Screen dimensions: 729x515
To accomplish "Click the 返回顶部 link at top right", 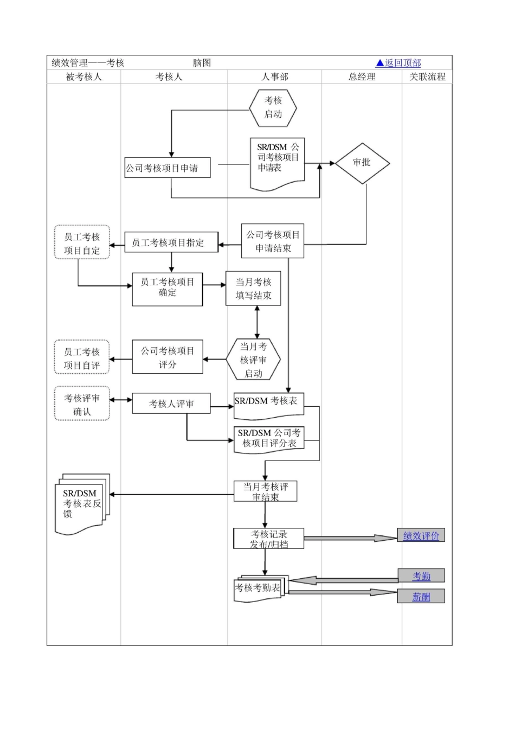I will pyautogui.click(x=398, y=63).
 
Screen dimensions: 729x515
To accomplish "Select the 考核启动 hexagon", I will pyautogui.click(x=273, y=107).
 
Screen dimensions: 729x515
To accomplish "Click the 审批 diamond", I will pyautogui.click(x=362, y=163).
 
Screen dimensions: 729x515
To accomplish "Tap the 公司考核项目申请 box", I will pyautogui.click(x=167, y=168).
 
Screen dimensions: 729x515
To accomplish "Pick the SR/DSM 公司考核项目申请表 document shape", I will pyautogui.click(x=277, y=161).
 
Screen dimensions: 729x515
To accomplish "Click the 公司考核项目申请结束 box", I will pyautogui.click(x=273, y=241).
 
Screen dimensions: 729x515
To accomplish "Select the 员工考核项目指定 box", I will pyautogui.click(x=171, y=242).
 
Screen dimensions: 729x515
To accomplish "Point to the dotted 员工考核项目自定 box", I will pyautogui.click(x=82, y=243).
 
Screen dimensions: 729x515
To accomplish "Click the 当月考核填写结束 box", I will pyautogui.click(x=253, y=289).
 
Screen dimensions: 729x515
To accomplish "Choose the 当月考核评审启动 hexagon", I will pyautogui.click(x=253, y=360).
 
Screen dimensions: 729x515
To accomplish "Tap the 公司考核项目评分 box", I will pyautogui.click(x=168, y=357).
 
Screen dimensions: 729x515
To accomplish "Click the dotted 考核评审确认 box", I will pyautogui.click(x=82, y=404).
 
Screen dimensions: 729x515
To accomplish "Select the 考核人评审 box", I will pyautogui.click(x=171, y=404).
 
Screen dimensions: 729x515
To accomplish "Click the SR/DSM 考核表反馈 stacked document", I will pyautogui.click(x=81, y=503).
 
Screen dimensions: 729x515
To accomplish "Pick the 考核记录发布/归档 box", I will pyautogui.click(x=269, y=539).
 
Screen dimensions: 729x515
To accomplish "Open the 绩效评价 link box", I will pyautogui.click(x=421, y=536).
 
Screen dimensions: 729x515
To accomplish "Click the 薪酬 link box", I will pyautogui.click(x=421, y=597).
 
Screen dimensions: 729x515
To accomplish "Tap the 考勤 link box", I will pyautogui.click(x=421, y=576).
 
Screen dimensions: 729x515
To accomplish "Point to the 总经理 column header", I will pyautogui.click(x=362, y=77).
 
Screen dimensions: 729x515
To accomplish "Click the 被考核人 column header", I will pyautogui.click(x=83, y=77).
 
